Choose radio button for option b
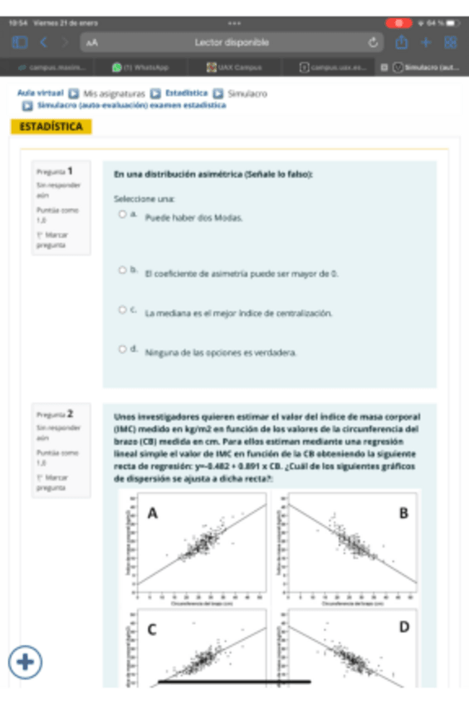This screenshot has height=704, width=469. tap(122, 271)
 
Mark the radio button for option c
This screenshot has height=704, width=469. tap(122, 310)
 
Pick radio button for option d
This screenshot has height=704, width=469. tap(122, 350)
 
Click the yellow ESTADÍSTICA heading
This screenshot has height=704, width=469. tap(51, 127)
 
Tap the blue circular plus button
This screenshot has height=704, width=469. tap(26, 662)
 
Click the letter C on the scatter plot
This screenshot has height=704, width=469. tap(153, 629)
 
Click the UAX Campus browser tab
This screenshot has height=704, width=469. tap(236, 66)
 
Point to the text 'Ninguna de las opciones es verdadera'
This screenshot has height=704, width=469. tap(220, 352)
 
